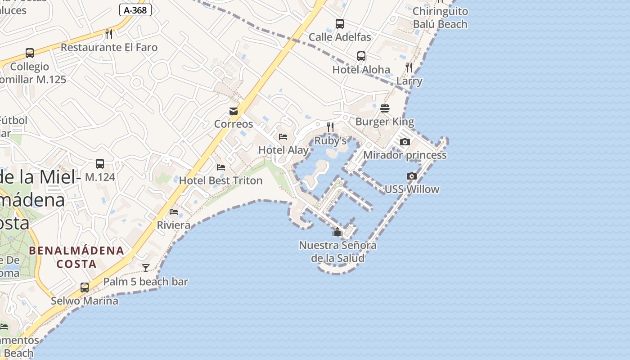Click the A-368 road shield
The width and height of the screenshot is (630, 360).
pyautogui.click(x=135, y=10)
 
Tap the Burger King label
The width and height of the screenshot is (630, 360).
pyautogui.click(x=384, y=121)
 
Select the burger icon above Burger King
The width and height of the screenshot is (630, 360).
pyautogui.click(x=384, y=108)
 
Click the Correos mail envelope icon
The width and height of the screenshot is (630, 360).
pyautogui.click(x=234, y=111)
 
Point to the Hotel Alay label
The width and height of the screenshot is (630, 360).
pyautogui.click(x=283, y=150)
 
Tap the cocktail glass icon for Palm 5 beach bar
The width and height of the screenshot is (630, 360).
pyautogui.click(x=146, y=268)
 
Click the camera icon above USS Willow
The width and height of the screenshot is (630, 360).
pyautogui.click(x=411, y=176)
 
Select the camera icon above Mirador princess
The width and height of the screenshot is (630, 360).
pyautogui.click(x=405, y=142)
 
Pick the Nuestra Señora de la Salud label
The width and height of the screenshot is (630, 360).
pyautogui.click(x=337, y=252)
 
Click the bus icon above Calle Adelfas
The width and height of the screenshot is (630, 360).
pyautogui.click(x=340, y=24)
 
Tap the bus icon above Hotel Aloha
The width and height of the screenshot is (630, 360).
pyautogui.click(x=361, y=56)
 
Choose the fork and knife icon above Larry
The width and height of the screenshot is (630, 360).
pyautogui.click(x=409, y=67)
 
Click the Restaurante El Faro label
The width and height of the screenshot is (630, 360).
pyautogui.click(x=109, y=47)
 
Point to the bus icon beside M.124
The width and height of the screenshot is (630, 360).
pyautogui.click(x=100, y=164)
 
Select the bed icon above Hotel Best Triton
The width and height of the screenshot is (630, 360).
pyautogui.click(x=220, y=167)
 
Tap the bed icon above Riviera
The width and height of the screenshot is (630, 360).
pyautogui.click(x=174, y=212)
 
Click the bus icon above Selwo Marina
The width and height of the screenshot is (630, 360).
pyautogui.click(x=84, y=287)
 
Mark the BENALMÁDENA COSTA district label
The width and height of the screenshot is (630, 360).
pyautogui.click(x=76, y=257)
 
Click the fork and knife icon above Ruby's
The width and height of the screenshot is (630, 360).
pyautogui.click(x=330, y=127)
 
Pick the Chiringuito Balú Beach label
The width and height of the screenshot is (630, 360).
pyautogui.click(x=440, y=18)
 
